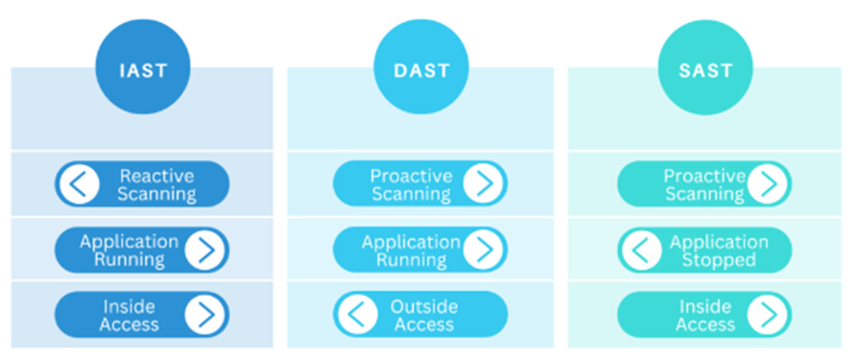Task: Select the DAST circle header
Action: (x=419, y=69)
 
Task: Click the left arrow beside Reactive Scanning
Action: (x=79, y=184)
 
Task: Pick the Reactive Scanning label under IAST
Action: (x=156, y=184)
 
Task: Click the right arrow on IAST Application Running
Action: (x=205, y=250)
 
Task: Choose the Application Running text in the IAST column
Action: (x=129, y=250)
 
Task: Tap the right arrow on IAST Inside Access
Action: (x=205, y=314)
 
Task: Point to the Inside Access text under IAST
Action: (x=130, y=314)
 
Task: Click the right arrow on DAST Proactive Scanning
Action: (x=483, y=184)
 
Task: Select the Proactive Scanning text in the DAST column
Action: (x=410, y=184)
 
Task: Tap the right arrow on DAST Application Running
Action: (x=483, y=250)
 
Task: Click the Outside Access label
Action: (x=423, y=314)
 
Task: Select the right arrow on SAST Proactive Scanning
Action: (x=768, y=184)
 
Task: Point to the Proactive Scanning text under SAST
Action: (x=703, y=184)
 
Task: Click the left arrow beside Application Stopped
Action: (x=641, y=250)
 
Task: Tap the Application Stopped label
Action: (x=719, y=250)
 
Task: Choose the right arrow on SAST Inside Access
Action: (x=768, y=314)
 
